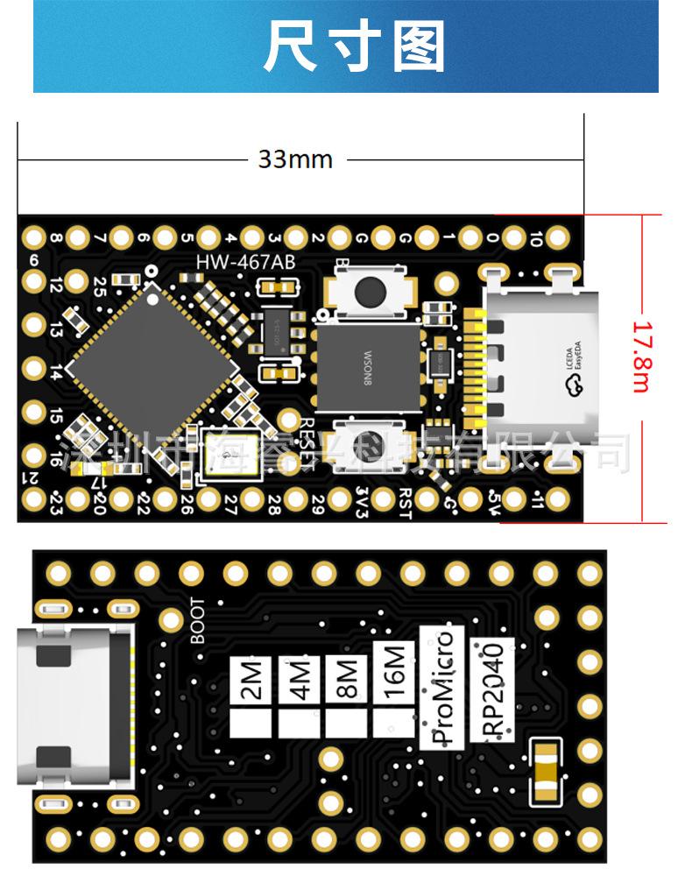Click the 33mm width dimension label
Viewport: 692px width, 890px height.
[295, 159]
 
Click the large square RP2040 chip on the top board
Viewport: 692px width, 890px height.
[154, 369]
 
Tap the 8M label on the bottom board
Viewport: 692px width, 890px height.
[345, 682]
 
